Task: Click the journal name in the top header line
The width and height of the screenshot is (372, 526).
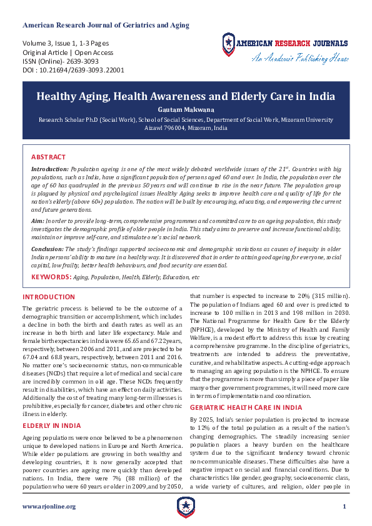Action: (106, 25)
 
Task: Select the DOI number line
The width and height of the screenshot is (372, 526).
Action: (73, 71)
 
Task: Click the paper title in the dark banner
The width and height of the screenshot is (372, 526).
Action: (186, 97)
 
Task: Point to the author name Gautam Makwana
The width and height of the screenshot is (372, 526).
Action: (186, 109)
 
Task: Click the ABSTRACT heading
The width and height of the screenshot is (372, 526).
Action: (48, 157)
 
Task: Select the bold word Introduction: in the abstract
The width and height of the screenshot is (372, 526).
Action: (50, 169)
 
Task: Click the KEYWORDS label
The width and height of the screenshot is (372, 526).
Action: (51, 276)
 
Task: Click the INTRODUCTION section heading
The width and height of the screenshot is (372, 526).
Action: (49, 297)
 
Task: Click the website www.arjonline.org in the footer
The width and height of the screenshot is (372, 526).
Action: (49, 507)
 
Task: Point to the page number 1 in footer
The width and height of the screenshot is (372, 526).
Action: (344, 506)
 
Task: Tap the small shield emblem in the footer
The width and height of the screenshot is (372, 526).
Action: (186, 507)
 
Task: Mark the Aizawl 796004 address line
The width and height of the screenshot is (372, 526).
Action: (186, 127)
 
